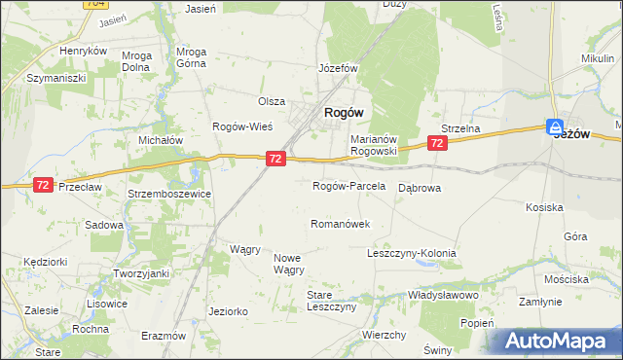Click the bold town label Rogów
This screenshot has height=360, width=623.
(x=344, y=112)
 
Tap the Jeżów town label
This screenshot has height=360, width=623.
(x=572, y=135)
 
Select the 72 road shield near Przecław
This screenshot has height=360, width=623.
(x=42, y=184)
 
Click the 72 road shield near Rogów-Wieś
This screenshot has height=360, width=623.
(x=275, y=158)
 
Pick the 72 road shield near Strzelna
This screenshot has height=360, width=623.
(x=437, y=143)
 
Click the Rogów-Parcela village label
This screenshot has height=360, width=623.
(x=348, y=186)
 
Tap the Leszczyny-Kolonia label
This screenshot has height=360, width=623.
(x=411, y=253)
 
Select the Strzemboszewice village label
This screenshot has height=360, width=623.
(x=169, y=194)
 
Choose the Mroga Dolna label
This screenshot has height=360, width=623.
(x=136, y=61)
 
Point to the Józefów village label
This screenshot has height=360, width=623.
(x=339, y=69)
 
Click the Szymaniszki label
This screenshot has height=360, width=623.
(x=56, y=77)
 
